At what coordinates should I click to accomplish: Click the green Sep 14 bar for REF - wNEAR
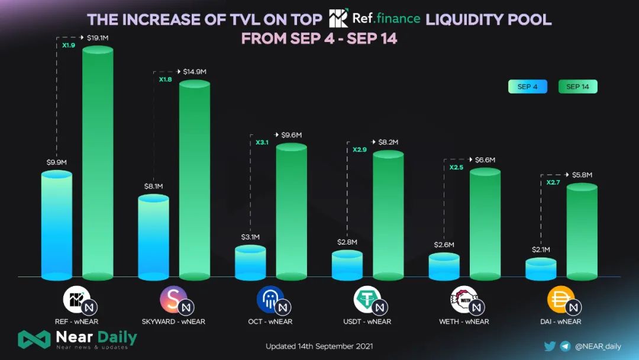(98, 163)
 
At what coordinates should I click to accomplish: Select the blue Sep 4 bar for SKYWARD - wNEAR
(153, 237)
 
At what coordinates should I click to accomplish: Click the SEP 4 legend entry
(527, 87)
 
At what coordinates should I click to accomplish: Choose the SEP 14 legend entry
(577, 87)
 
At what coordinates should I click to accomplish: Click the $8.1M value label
(153, 187)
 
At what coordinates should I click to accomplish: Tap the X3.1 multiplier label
(263, 143)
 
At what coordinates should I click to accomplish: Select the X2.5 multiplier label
(457, 168)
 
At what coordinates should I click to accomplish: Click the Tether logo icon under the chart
(367, 299)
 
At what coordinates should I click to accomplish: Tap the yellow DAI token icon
(560, 299)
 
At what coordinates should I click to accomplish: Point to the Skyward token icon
(173, 299)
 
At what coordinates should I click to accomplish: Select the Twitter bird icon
(550, 346)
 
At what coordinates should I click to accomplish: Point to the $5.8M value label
(582, 175)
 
